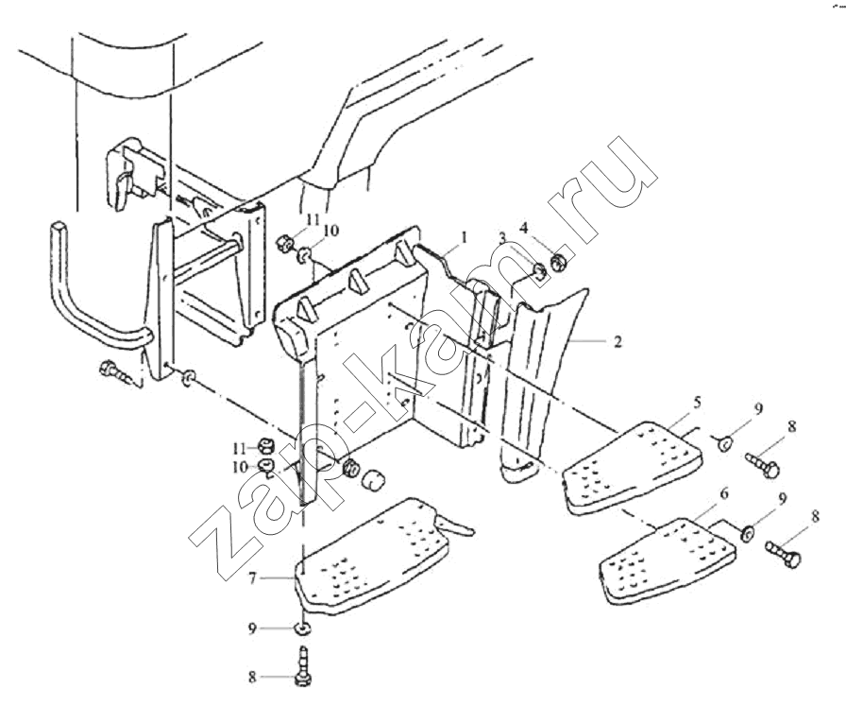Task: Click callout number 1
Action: (465, 236)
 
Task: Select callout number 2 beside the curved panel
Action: (618, 342)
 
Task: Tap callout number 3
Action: (502, 236)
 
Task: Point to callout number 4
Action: (523, 229)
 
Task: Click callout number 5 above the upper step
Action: (697, 402)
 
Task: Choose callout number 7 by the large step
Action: (252, 578)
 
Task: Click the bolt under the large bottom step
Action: (303, 667)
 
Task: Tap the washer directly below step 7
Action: (302, 629)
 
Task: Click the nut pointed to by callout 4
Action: (558, 263)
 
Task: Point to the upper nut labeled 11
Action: (284, 243)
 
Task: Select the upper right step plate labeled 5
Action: (633, 467)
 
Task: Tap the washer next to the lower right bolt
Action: (747, 533)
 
